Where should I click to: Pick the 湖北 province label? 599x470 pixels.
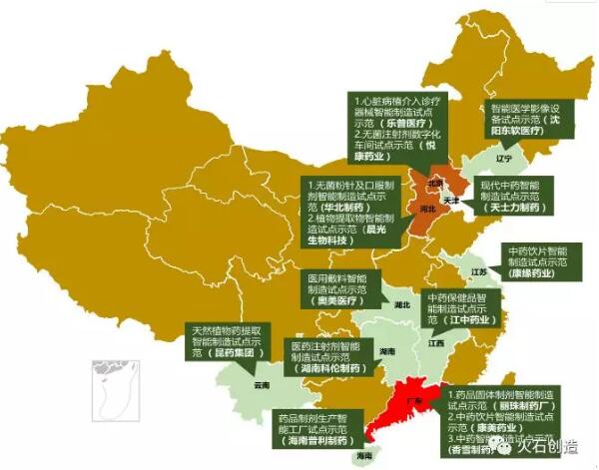click(x=402, y=304)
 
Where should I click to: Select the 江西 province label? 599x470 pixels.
click(x=436, y=342)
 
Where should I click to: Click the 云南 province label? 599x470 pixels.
click(x=262, y=383)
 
